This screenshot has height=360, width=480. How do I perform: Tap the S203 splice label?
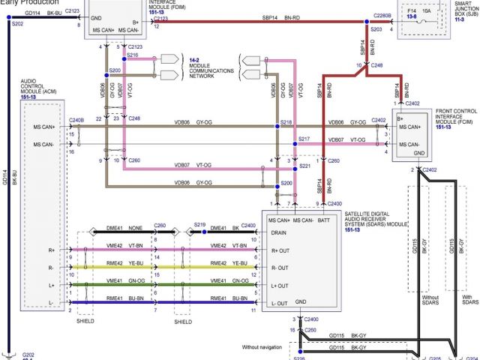(376, 30)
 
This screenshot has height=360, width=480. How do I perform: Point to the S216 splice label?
(133, 55)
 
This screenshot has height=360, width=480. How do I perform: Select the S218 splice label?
(286, 122)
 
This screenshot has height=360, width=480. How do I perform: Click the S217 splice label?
(304, 139)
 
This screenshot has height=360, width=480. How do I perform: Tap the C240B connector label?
(76, 120)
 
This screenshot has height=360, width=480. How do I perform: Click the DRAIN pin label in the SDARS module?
(279, 233)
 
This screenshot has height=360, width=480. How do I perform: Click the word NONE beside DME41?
(135, 227)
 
